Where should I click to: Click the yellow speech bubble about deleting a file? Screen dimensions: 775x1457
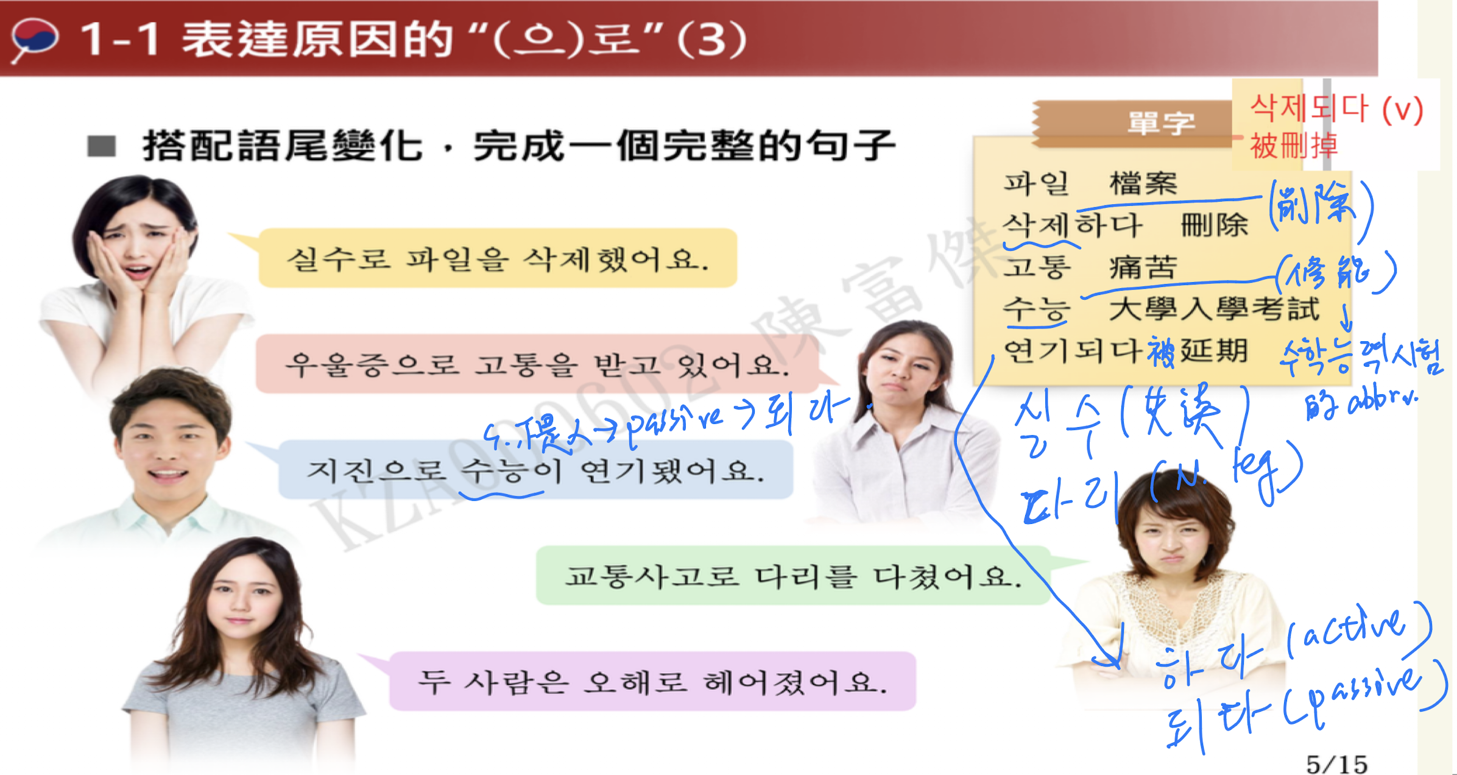tap(497, 258)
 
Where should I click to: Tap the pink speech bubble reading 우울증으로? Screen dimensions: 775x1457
tap(536, 364)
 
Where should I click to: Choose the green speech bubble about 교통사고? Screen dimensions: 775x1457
tap(792, 576)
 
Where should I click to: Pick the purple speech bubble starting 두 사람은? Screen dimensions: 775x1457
tap(652, 681)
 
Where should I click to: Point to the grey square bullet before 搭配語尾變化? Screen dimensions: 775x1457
tap(102, 146)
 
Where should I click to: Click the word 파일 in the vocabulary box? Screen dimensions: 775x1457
tap(1036, 183)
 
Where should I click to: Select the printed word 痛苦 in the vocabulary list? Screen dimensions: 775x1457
tap(1143, 267)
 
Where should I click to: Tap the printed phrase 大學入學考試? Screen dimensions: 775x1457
tap(1214, 309)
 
